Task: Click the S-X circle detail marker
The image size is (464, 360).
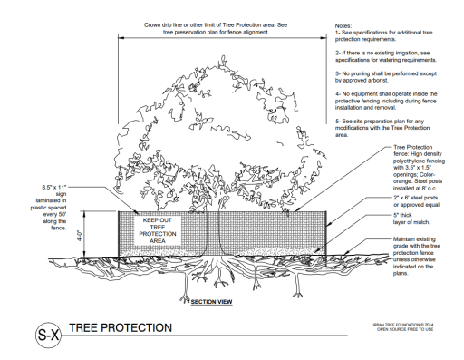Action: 48,335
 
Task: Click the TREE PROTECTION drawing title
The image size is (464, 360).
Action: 121,328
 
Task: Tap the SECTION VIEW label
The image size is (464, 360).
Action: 211,302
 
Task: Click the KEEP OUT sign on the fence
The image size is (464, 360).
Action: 158,230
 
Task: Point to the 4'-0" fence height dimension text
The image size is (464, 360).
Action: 80,236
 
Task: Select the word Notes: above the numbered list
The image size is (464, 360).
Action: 343,26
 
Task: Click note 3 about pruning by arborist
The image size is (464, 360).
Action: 386,77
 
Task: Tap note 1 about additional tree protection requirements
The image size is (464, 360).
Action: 383,35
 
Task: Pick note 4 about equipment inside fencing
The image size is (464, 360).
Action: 386,101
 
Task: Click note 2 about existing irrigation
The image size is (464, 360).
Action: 386,56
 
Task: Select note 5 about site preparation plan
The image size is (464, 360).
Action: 382,128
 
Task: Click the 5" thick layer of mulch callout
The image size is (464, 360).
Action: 411,219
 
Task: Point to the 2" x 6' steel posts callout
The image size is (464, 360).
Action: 417,201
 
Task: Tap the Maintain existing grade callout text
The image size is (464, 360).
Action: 417,256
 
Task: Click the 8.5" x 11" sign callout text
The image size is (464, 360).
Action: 48,208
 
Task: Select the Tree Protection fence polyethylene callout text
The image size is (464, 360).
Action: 419,168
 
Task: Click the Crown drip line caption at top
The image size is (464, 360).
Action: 216,28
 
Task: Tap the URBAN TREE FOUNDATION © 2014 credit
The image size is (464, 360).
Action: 402,325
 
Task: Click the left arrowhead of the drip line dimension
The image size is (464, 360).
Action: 121,38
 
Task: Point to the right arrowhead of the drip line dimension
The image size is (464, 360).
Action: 324,38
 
